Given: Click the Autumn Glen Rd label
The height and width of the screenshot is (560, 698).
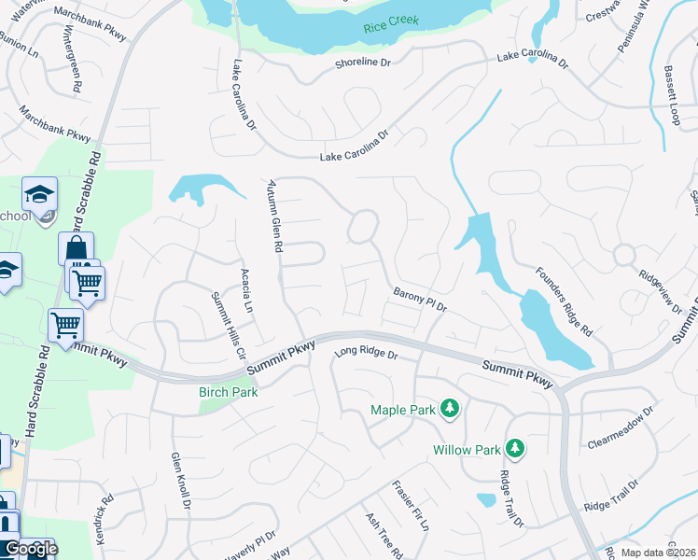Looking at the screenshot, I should tap(274, 217).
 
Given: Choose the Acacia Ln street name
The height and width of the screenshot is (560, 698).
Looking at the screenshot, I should tap(246, 290).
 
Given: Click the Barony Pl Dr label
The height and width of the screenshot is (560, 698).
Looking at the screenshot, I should tap(421, 301).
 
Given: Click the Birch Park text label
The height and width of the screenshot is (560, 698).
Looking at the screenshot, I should tap(228, 392).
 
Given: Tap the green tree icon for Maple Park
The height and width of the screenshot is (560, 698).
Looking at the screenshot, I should tap(450, 409).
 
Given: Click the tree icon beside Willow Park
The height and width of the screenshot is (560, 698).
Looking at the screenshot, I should tap(514, 450).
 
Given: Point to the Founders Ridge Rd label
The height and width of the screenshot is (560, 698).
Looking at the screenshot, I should tap(565, 301).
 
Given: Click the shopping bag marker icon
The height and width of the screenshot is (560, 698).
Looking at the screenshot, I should tap(77, 249).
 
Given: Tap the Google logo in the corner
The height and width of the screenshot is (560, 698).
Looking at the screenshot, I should tap(30, 549).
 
